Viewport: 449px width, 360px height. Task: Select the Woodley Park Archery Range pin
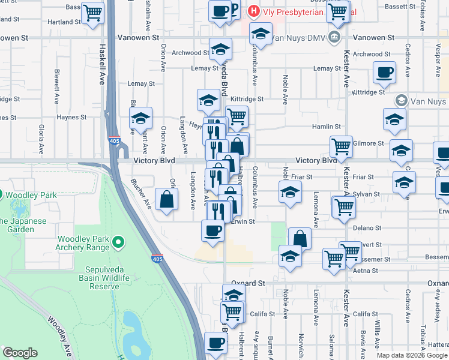pyautogui.click(x=119, y=242)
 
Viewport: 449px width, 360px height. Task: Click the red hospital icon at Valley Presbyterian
pyautogui.click(x=255, y=11)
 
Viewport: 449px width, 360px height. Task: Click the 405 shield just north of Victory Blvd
pyautogui.click(x=114, y=141)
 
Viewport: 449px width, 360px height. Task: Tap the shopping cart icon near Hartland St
pyautogui.click(x=92, y=13)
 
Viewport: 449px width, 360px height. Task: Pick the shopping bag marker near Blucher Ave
pyautogui.click(x=166, y=200)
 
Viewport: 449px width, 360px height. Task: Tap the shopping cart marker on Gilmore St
pyautogui.click(x=341, y=145)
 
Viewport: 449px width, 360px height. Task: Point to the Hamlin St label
pyautogui.click(x=326, y=127)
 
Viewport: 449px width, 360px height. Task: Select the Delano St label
pyautogui.click(x=367, y=228)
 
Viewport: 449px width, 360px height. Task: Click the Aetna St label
pyautogui.click(x=364, y=272)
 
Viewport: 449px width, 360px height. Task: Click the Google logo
pyautogui.click(x=20, y=353)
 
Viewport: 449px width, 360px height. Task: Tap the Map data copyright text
pyautogui.click(x=412, y=355)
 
